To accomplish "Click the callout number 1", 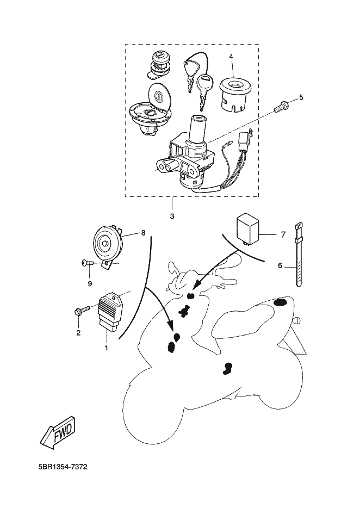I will tap(107, 347).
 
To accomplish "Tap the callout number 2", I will tap(78, 332).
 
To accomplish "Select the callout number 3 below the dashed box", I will tap(172, 216).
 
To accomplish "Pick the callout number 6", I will tap(280, 265).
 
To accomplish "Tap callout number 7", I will tap(283, 234).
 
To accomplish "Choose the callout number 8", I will tap(143, 233).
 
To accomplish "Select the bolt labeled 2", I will tap(81, 312).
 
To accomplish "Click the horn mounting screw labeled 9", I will tap(87, 263).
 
